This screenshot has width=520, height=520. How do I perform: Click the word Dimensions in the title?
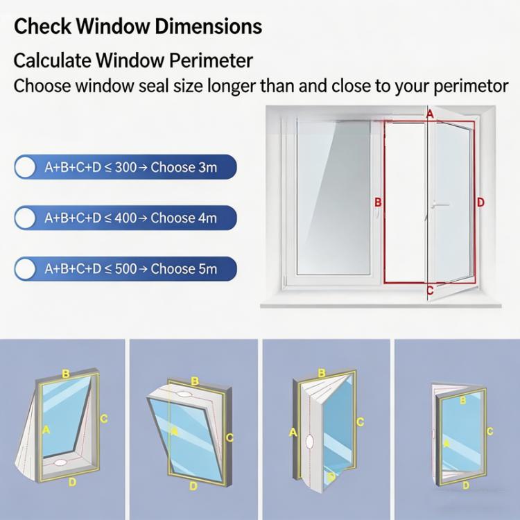point(208,26)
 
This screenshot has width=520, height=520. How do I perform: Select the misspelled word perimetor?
point(471,86)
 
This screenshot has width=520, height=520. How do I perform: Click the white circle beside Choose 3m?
point(25,166)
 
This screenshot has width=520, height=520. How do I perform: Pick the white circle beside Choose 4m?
point(25,218)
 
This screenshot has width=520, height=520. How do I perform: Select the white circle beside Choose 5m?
point(25,268)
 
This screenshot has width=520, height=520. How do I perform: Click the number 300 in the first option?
point(125,167)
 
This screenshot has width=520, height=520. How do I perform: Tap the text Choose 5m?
point(184,268)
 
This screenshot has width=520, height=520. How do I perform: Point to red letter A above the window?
point(430,114)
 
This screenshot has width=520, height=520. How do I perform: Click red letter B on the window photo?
point(378,202)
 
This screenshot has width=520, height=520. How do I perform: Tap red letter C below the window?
point(430,291)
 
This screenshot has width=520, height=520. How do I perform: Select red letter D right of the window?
point(480,202)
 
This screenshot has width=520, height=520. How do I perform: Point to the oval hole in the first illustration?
point(60,462)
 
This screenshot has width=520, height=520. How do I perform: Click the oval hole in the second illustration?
point(184,395)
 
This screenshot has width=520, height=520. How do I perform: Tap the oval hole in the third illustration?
point(309,442)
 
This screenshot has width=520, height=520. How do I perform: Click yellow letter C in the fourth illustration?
point(489,431)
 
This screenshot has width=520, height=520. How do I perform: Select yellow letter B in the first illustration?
point(66,374)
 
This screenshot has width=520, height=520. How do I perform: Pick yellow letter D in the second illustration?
point(193,486)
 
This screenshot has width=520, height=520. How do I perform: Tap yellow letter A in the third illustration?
point(293,433)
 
